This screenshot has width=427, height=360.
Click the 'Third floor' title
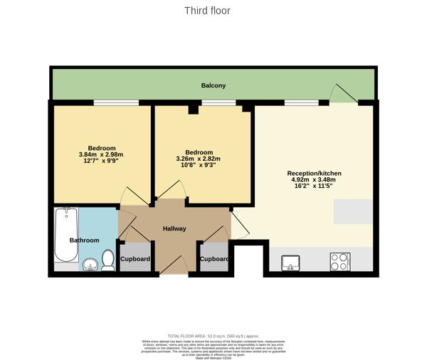(207, 11)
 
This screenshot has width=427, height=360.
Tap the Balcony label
(213, 85)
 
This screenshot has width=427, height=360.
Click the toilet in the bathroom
(108, 260)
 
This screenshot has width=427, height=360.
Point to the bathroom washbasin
(90, 265)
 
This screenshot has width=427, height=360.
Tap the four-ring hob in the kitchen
(338, 262)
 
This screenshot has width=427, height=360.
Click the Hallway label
(174, 228)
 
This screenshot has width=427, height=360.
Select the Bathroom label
(84, 240)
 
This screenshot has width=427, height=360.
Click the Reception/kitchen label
(314, 174)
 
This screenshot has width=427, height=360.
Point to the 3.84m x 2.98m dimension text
(101, 154)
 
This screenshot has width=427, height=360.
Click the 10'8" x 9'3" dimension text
(199, 165)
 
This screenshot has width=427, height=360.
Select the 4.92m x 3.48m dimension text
(314, 180)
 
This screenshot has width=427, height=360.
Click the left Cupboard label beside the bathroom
(135, 259)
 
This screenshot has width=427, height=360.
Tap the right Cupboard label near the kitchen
(214, 259)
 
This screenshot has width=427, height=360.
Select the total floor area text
(213, 336)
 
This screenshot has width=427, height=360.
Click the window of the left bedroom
(116, 104)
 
